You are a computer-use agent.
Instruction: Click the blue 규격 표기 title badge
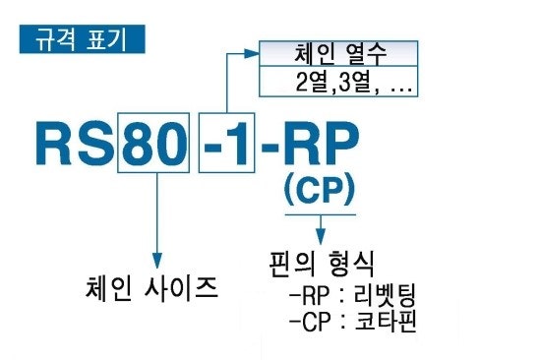[x=81, y=40]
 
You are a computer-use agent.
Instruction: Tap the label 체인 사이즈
[x=152, y=288]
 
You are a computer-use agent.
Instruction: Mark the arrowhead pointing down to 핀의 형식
[x=319, y=237]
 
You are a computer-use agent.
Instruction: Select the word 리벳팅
[x=386, y=294]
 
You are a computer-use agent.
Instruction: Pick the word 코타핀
[x=386, y=322]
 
